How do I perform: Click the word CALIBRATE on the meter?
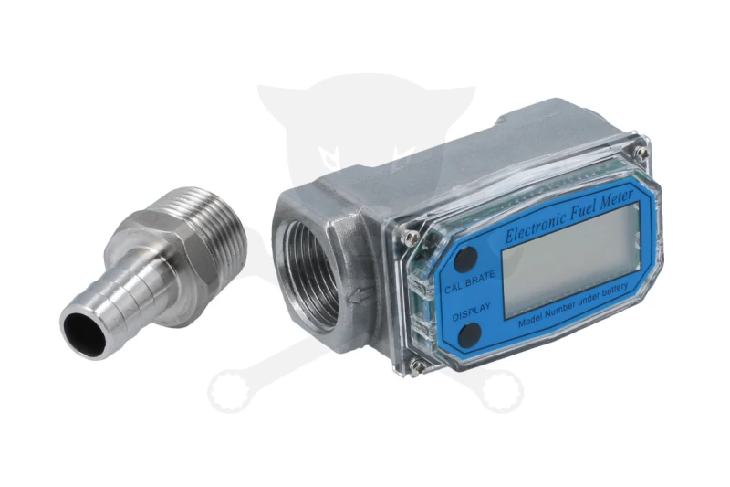click(469, 282)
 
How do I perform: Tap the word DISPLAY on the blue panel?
click(471, 312)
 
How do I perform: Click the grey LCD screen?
click(571, 259)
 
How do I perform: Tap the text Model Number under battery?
click(573, 305)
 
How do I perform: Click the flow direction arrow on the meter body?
click(360, 295)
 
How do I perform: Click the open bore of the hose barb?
click(85, 333)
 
